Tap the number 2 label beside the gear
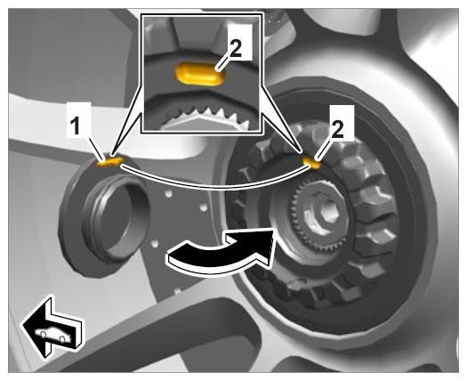pyautogui.click(x=337, y=129)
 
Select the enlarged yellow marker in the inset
pyautogui.click(x=201, y=74)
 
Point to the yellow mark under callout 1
pyautogui.click(x=109, y=161)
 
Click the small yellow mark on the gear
pyautogui.click(x=312, y=163)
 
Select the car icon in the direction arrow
pyautogui.click(x=53, y=336)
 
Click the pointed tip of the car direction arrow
pyautogui.click(x=22, y=324)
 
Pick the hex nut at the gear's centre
pyautogui.click(x=321, y=213)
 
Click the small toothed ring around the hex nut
pyautogui.click(x=318, y=214)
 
